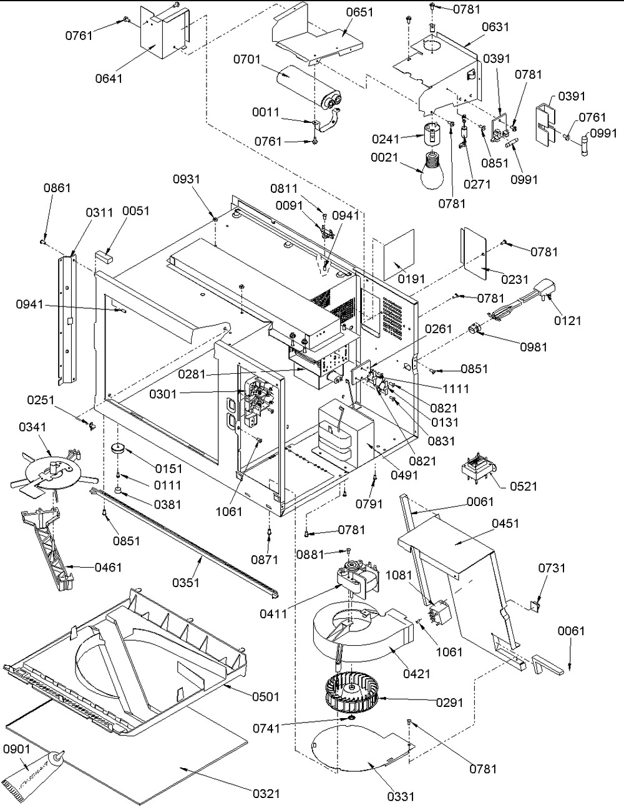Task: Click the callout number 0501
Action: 266,696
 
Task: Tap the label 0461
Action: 109,567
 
